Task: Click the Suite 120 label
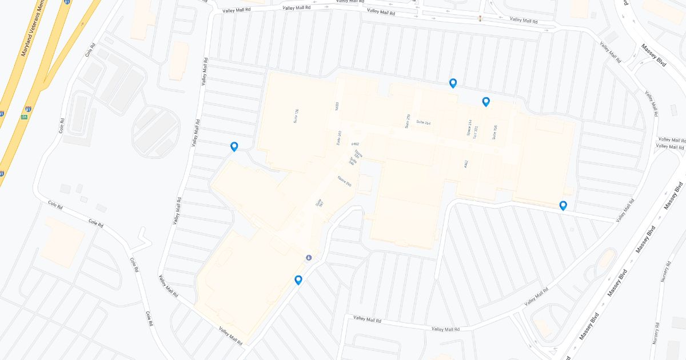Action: point(296,116)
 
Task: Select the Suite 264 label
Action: point(423,122)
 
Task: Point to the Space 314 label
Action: point(469,129)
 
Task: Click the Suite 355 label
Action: point(494,133)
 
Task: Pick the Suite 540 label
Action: point(353,162)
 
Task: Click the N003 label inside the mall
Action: point(337,106)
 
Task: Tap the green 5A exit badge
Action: point(25,117)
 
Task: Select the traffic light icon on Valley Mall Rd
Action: point(480,19)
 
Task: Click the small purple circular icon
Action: point(309,257)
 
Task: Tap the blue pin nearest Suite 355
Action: point(486,102)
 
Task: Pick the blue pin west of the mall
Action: point(234,146)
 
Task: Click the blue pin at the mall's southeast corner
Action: point(563,205)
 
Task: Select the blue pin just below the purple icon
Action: point(298,279)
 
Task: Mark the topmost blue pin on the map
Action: point(453,83)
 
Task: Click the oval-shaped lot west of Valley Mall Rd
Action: point(156,130)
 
